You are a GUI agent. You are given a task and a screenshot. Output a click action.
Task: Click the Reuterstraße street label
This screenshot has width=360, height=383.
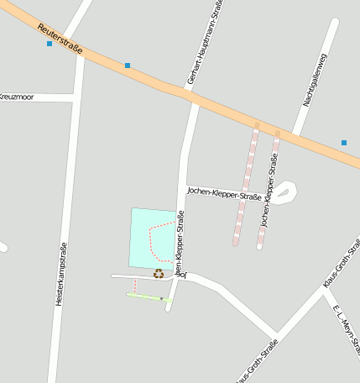click(60, 39)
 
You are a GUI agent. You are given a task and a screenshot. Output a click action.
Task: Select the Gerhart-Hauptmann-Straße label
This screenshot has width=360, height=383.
click(206, 44)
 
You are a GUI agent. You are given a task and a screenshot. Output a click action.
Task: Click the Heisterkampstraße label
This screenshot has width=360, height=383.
click(60, 274)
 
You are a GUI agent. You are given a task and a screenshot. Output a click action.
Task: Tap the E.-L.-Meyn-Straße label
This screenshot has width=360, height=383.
click(346, 329)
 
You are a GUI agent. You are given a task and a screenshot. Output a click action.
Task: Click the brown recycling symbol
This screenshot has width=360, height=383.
click(158, 273)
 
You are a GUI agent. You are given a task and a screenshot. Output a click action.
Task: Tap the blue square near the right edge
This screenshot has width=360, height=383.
click(344, 143)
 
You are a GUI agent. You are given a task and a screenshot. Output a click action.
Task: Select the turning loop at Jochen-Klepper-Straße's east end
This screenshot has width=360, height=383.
click(284, 192)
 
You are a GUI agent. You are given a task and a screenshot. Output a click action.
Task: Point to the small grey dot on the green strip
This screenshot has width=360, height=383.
click(161, 297)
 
